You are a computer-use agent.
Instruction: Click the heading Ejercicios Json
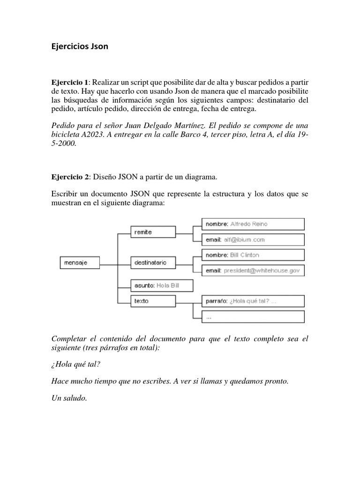[79, 46]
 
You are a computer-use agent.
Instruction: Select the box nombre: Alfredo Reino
[253, 224]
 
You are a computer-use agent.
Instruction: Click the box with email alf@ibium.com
[253, 240]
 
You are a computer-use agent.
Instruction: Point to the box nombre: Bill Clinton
[253, 255]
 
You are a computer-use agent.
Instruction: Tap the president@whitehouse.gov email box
[253, 270]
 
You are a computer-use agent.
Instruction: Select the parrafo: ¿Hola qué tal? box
[253, 301]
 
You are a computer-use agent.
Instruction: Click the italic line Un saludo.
[69, 398]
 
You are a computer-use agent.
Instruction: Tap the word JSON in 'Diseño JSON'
[125, 177]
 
